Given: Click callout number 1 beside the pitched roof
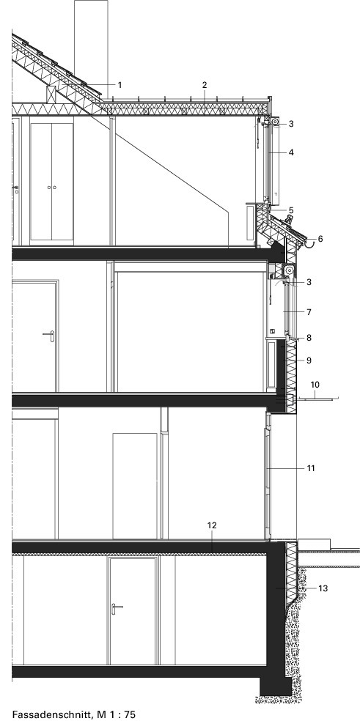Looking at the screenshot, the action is coord(120,85).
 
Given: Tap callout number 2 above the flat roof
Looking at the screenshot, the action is coord(205,85).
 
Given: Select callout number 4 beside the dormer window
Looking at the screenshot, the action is coord(291,152).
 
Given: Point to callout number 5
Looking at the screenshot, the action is coord(291,210).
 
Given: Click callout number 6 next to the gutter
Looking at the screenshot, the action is coord(320,239).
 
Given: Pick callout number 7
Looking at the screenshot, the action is coord(309,312).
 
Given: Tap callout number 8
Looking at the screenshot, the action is coord(309,338).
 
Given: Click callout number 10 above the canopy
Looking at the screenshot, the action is coord(315,385).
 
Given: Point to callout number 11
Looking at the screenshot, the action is coord(311,468).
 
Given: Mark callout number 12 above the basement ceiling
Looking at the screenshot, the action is coord(212,525).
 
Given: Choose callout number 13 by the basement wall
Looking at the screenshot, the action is coord(323,588).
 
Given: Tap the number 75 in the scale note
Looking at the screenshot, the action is coord(130,714).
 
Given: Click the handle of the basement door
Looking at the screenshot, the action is coord(116,608).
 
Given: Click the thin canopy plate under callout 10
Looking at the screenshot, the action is coord(317,399).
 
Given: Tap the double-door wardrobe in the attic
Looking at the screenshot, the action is coord(51,182).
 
